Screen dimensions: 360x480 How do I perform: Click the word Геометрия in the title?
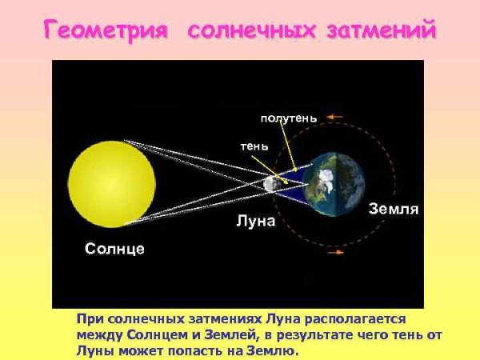coord(106,31)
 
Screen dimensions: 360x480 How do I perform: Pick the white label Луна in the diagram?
coord(256,221)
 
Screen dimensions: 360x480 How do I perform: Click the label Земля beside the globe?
coord(393,210)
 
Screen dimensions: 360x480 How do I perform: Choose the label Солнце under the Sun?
coord(115,249)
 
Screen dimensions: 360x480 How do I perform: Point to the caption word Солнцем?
coord(159,334)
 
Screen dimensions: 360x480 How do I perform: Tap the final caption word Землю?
coord(273,350)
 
